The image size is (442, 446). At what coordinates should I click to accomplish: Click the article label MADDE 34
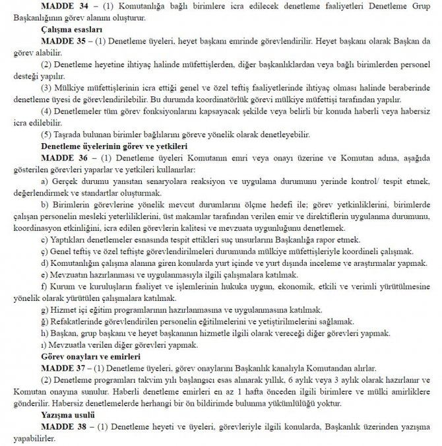coord(63,5)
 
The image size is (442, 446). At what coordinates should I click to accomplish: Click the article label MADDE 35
coord(63,39)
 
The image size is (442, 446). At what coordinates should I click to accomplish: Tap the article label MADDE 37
coord(63,367)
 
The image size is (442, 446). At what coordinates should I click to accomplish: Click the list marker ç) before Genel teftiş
coord(44,251)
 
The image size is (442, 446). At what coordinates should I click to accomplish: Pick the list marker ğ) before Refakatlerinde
coord(44,321)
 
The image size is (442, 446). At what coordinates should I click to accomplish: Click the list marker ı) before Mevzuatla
coord(44,345)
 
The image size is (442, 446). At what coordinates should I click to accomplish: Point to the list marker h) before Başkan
coord(44,333)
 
